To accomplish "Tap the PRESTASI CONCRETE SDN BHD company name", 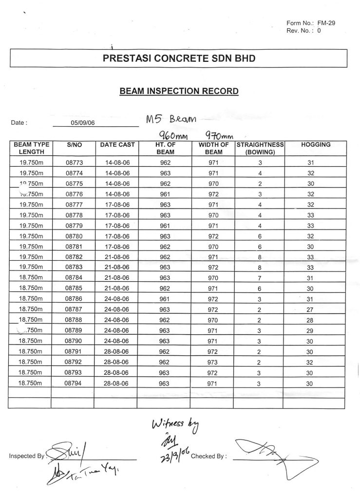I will [x=179, y=58].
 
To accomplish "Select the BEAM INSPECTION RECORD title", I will [x=179, y=91].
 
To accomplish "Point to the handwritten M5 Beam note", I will [x=171, y=119].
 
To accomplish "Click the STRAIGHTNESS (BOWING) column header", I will [x=260, y=148].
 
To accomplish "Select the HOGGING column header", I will [x=316, y=145].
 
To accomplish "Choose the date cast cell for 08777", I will [x=117, y=204].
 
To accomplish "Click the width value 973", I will [x=213, y=362].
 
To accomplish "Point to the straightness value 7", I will [x=260, y=278].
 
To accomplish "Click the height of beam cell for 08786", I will [x=165, y=299].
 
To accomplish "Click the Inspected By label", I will [x=27, y=457].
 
